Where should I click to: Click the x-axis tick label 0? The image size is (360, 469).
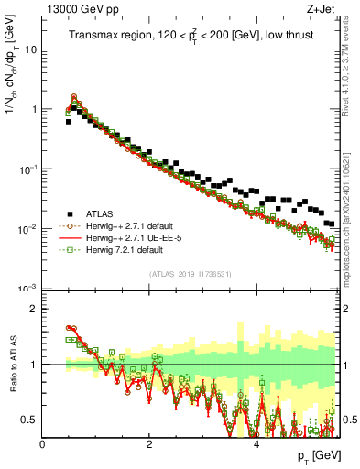coord(43,442)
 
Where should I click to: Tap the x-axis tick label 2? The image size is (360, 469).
coord(149,442)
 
